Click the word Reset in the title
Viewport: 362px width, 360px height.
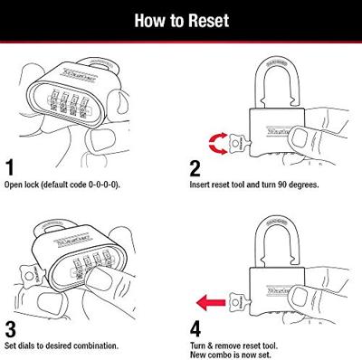click(208, 21)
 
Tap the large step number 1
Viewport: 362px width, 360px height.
click(10, 167)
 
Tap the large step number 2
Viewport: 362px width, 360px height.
click(195, 168)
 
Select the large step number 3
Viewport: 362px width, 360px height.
click(10, 329)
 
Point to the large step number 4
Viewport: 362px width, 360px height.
click(195, 329)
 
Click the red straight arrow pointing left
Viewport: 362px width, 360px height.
click(211, 302)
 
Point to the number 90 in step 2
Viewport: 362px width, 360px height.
click(281, 185)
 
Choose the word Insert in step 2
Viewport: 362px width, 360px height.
click(199, 185)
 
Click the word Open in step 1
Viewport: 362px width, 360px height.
click(14, 185)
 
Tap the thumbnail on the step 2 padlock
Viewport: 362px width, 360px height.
click(300, 137)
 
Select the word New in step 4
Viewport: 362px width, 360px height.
click(197, 355)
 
